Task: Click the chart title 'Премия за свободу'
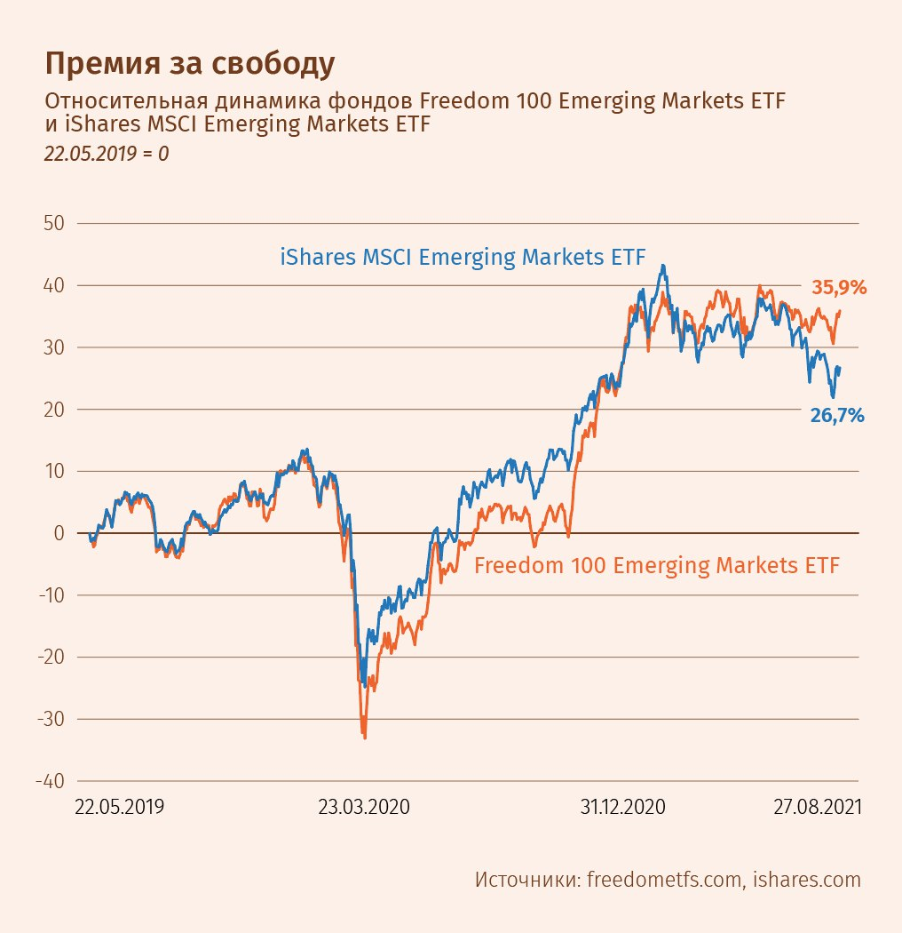click(190, 64)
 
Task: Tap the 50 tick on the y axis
click(54, 223)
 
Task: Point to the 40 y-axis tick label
click(54, 285)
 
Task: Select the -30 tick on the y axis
click(51, 719)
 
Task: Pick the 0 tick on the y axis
click(59, 533)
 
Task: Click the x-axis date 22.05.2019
click(119, 808)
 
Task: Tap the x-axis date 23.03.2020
click(364, 808)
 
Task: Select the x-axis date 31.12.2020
click(622, 808)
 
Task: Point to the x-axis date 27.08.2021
click(817, 808)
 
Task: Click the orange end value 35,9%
click(838, 288)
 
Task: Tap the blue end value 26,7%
click(836, 415)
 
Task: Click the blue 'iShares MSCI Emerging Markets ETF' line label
click(463, 258)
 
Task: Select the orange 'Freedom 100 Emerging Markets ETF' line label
click(657, 565)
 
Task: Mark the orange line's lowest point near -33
click(364, 737)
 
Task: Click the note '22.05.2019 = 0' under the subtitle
click(107, 153)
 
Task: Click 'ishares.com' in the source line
click(807, 880)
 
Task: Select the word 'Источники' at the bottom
click(526, 880)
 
